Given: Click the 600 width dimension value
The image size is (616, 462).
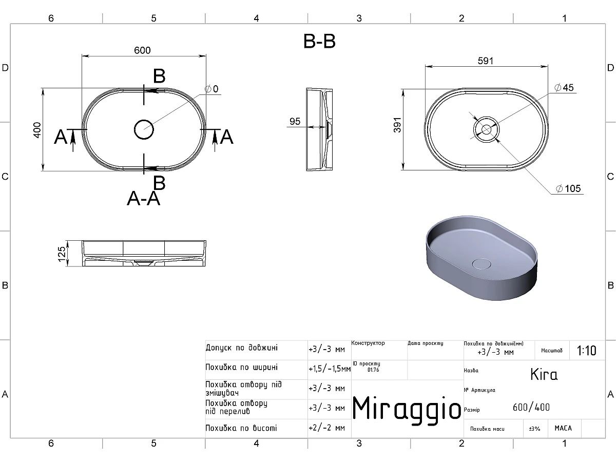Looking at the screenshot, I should click(142, 50).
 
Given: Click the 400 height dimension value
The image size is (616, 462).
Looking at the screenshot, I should click(36, 130).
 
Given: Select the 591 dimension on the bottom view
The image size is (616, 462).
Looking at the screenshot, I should click(485, 61).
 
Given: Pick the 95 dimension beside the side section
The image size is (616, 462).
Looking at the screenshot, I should click(295, 122).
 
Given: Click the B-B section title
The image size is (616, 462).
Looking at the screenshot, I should click(319, 42).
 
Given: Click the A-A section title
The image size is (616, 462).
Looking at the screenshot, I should click(144, 198).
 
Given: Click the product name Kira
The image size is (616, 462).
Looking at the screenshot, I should click(544, 374).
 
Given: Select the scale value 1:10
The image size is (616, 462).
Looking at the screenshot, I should click(587, 351).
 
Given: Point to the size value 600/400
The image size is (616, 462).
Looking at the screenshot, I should click(531, 408).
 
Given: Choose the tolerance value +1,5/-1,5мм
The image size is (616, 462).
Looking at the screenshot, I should click(329, 369).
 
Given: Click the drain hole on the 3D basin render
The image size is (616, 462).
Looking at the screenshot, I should click(481, 264).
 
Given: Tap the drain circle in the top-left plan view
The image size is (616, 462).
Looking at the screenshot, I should click(144, 129).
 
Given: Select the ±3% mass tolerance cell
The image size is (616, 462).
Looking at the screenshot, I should click(534, 428).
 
